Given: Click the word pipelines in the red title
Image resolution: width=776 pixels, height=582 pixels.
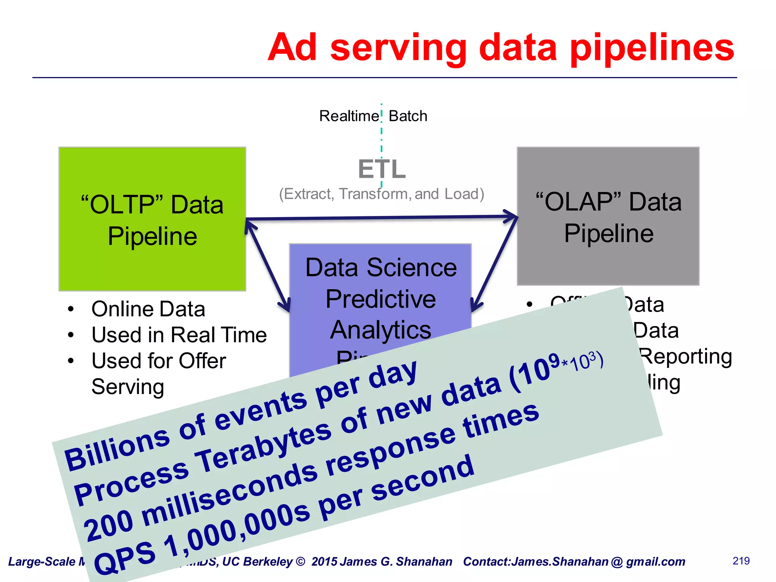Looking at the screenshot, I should [652, 48].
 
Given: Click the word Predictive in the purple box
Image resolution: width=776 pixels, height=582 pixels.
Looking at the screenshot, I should [380, 299].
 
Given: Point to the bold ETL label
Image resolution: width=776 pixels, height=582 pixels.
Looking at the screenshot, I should [382, 169].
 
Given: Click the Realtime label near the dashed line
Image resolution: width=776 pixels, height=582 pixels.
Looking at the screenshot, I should [349, 116].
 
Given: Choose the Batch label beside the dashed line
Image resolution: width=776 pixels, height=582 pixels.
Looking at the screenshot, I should [408, 116].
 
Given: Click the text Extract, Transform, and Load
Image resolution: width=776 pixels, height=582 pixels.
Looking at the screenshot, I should [382, 194].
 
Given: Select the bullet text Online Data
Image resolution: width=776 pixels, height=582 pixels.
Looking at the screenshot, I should [148, 309].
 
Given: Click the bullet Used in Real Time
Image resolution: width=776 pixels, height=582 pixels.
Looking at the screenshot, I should [179, 335].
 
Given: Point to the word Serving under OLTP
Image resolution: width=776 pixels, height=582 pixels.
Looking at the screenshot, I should [128, 387].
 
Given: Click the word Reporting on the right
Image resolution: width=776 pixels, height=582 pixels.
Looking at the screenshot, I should [686, 357].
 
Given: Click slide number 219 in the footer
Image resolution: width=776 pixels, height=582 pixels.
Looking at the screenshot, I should [741, 561].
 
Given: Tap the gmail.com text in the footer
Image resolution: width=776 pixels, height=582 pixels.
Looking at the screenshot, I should [656, 562].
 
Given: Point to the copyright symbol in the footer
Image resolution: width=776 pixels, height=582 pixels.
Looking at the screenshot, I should [300, 562].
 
